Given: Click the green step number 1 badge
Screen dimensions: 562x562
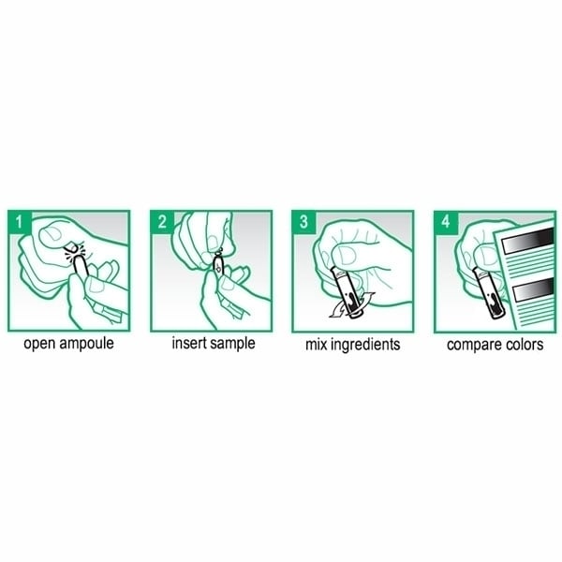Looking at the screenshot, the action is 19,222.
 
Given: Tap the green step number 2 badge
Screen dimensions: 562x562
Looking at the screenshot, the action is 162,222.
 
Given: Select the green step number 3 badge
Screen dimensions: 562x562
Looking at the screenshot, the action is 303,222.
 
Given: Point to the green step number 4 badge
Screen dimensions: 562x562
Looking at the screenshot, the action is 446,222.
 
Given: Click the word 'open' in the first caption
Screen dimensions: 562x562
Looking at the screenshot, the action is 39,344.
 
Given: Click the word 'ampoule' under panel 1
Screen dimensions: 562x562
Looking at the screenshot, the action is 87,344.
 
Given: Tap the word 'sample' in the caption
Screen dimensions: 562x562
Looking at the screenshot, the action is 232,344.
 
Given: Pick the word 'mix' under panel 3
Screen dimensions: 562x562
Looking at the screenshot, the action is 316,345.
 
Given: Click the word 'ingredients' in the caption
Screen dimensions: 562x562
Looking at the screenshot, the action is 365,345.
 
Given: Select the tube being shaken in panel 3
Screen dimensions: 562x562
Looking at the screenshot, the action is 347,291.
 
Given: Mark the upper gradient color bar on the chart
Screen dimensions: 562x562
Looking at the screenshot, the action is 527,240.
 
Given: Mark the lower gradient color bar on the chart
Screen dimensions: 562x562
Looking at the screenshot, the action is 533,289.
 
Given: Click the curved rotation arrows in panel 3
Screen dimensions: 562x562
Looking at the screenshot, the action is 352,307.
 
